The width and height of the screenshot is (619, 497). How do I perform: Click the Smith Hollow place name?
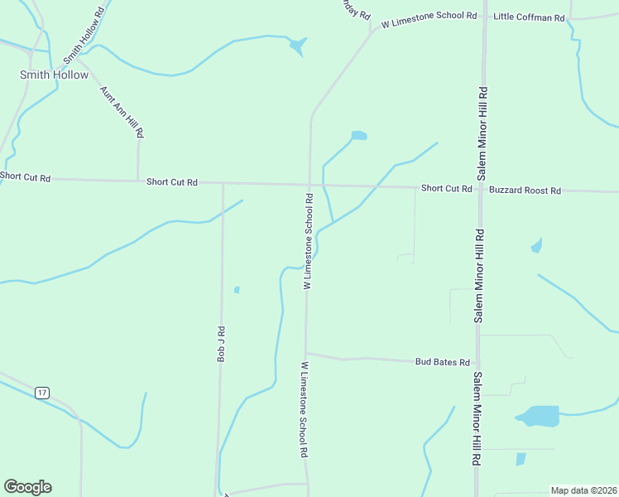coord(54,75)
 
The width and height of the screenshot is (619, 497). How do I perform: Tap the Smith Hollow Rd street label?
coord(86,36)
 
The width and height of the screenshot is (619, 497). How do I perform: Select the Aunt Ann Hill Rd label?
coord(122,111)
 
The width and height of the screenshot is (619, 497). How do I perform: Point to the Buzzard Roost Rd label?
coord(525,191)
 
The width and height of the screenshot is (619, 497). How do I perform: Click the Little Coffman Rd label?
coord(528,17)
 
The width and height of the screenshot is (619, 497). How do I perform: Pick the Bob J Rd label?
coord(221,344)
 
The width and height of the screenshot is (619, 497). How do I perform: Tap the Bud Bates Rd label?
coord(443,362)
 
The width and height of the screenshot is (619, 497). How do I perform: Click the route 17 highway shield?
coord(42,391)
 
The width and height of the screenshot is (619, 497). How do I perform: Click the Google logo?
coord(27,487)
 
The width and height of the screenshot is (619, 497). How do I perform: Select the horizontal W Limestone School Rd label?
coord(429,16)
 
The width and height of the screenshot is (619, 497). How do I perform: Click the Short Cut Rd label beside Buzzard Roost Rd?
coord(446,189)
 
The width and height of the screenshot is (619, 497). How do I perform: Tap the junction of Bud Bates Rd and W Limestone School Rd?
coord(306,354)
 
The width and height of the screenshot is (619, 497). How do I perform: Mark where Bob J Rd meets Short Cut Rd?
coord(223,183)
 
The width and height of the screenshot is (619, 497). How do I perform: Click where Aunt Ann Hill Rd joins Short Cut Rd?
coord(138,181)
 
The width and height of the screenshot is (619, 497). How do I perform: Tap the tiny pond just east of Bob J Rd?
coord(237,290)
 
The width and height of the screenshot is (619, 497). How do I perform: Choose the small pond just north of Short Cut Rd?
coord(358,135)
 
